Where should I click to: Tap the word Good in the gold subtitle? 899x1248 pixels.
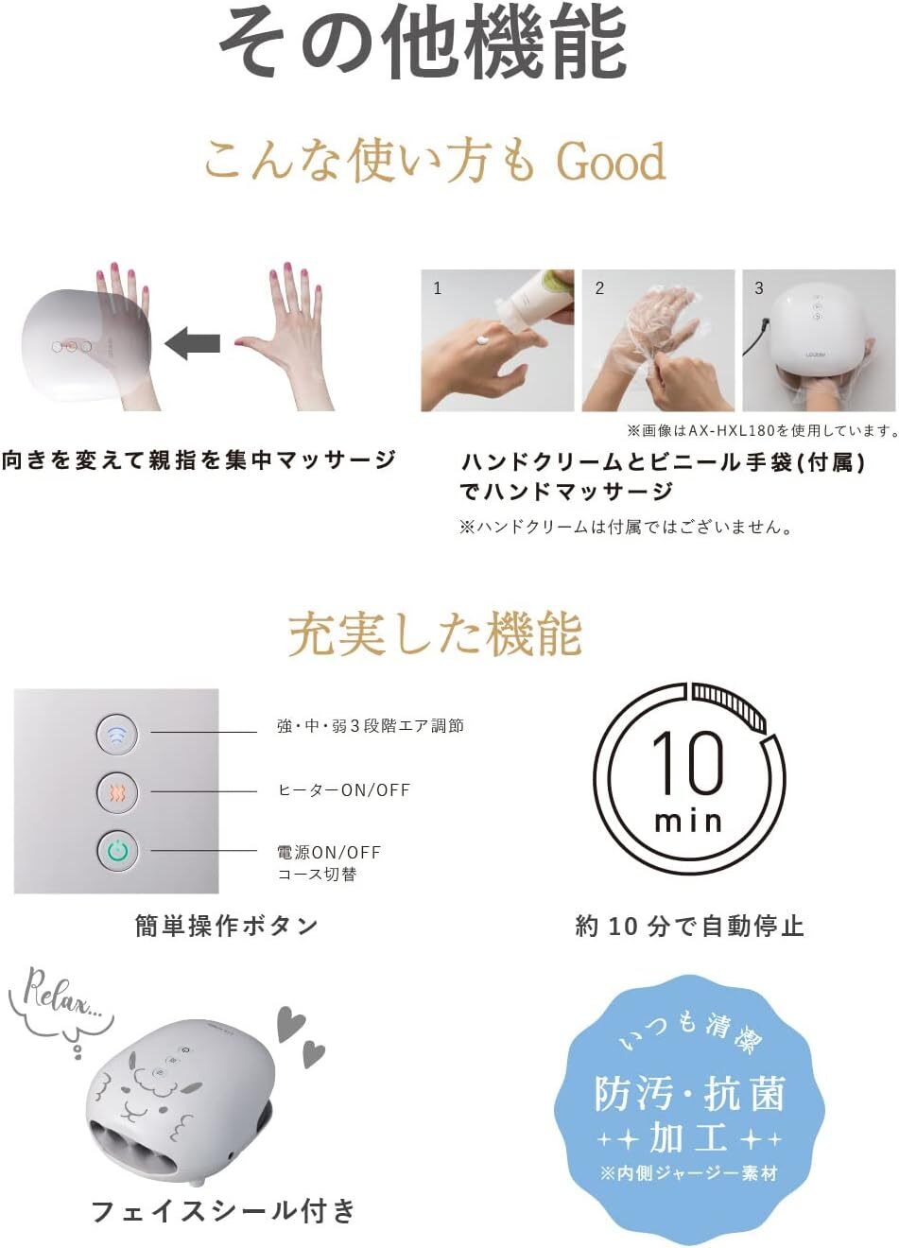click(611, 161)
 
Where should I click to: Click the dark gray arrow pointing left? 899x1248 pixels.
click(192, 342)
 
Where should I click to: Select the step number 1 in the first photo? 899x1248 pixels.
click(438, 288)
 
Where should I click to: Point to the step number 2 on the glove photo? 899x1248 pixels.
click(599, 288)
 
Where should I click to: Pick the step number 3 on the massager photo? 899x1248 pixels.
click(759, 288)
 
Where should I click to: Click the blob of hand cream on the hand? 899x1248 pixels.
click(483, 339)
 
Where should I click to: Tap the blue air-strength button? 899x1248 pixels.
click(116, 734)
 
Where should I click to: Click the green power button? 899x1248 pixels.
click(117, 851)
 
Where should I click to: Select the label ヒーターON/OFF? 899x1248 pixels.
click(344, 790)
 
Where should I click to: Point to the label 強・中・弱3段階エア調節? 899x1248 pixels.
click(371, 726)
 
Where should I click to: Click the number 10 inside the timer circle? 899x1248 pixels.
click(688, 763)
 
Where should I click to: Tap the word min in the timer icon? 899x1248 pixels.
click(688, 822)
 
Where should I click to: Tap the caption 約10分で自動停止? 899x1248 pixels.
click(689, 926)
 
